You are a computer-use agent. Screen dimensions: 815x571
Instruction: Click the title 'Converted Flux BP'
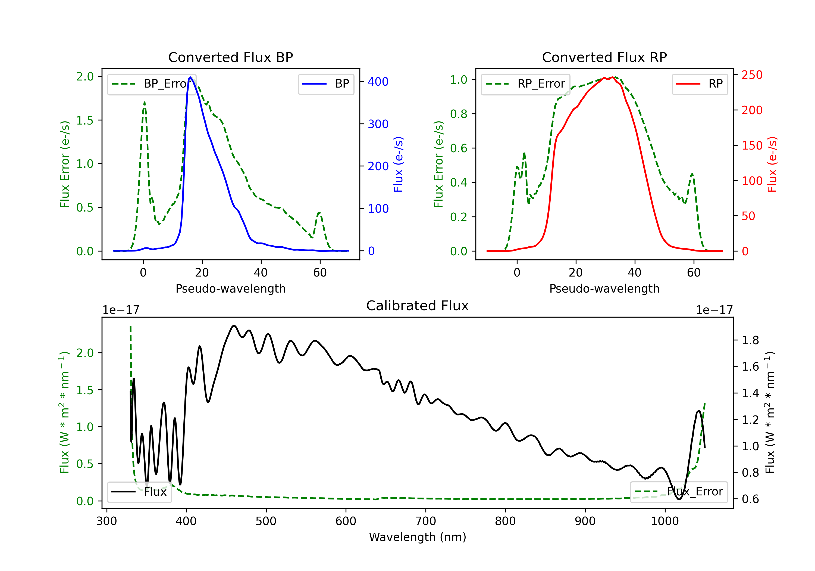pos(230,57)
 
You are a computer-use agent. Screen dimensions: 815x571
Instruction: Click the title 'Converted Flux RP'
pos(604,57)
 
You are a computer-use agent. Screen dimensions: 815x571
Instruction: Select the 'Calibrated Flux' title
pos(418,306)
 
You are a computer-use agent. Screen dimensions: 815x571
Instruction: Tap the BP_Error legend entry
pos(152,84)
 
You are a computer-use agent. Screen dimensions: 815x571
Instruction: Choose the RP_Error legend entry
pos(525,84)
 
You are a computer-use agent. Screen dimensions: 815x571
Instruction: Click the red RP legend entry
pos(700,84)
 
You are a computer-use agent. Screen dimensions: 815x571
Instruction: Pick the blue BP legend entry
pos(326,84)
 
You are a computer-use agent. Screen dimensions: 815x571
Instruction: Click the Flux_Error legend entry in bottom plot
pos(678,492)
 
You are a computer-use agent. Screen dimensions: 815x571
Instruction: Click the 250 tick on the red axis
pos(752,75)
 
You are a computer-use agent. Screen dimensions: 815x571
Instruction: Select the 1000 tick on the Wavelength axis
pos(664,521)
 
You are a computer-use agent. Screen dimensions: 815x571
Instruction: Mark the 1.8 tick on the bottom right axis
pos(750,340)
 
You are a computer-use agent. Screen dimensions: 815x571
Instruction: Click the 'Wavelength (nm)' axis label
pos(418,537)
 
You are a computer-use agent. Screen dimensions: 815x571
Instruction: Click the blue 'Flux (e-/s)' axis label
pos(398,164)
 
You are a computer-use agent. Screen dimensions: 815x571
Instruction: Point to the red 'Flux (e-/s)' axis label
pos(772,164)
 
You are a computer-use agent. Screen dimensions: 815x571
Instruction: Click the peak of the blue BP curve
pos(190,77)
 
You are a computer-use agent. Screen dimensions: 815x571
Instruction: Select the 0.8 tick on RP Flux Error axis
pos(459,114)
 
